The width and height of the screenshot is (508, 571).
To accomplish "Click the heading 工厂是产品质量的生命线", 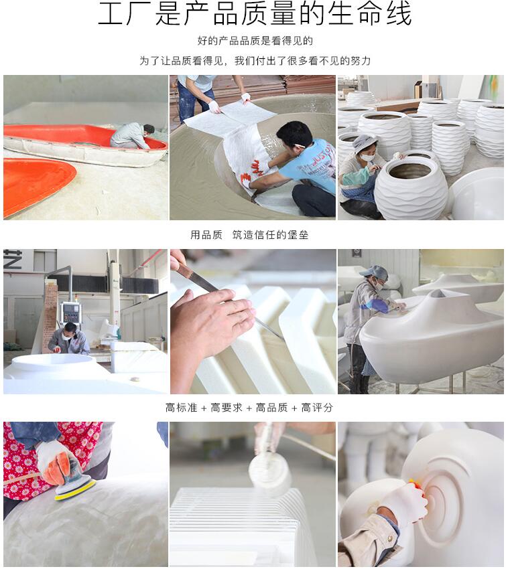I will pos(254,14).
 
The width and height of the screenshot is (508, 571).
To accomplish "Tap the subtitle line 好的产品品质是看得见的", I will pos(254,41).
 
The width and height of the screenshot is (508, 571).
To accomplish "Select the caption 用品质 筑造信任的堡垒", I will pos(249,235).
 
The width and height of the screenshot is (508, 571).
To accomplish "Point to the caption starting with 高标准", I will pos(249,407).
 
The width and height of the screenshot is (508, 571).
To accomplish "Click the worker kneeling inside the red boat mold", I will pos(132,135).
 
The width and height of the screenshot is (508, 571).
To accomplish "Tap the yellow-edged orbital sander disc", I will pos(74,489).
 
